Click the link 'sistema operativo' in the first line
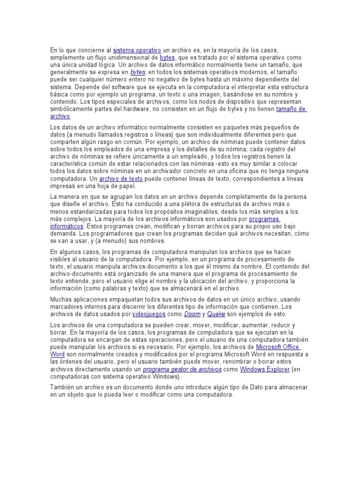coord(137,50)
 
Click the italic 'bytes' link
coord(138,73)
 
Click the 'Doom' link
coord(192,314)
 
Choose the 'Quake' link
coord(217,314)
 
